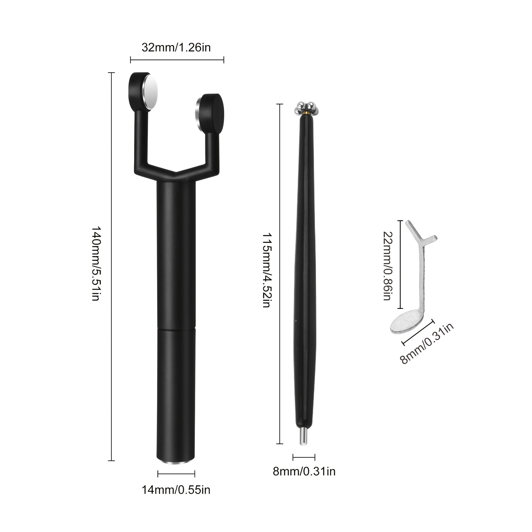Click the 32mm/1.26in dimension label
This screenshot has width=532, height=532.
[x=176, y=48]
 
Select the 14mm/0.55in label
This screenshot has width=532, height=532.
[x=176, y=490]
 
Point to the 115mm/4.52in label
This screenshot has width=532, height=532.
[x=266, y=270]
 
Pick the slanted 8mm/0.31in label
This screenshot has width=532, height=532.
[x=427, y=343]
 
